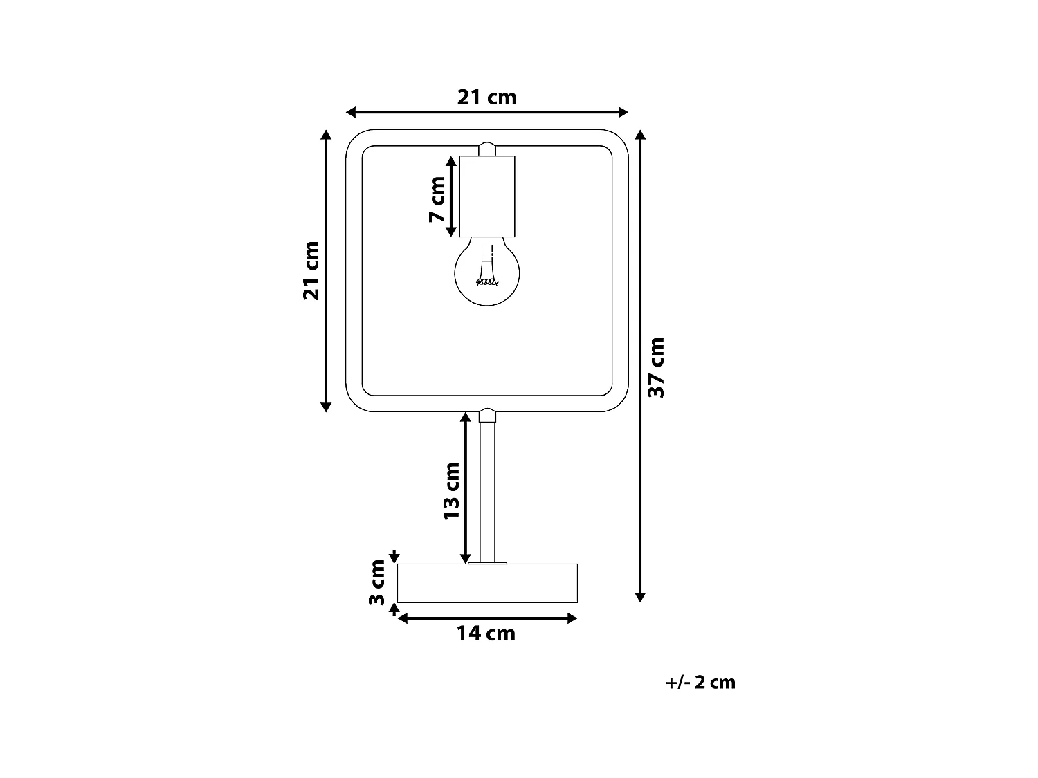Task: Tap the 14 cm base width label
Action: click(486, 633)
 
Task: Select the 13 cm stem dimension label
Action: click(451, 491)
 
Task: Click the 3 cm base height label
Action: click(376, 582)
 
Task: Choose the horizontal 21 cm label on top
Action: click(486, 98)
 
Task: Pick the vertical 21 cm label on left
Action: click(311, 270)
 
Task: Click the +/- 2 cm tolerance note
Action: click(700, 683)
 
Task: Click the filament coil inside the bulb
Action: click(487, 281)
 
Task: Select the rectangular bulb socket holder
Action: click(487, 196)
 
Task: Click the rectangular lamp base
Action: click(487, 583)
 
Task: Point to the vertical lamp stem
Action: click(487, 491)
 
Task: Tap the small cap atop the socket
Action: click(487, 149)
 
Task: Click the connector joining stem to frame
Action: click(487, 415)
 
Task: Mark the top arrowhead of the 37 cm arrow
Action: click(640, 135)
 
